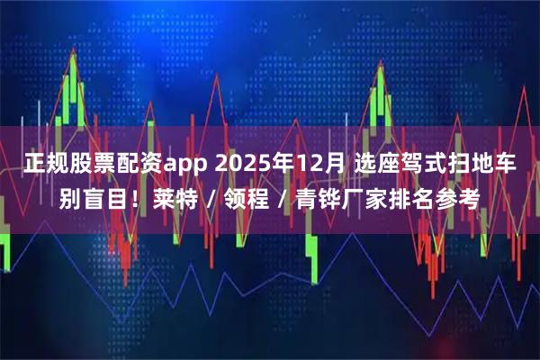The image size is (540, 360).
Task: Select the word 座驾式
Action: [413, 164]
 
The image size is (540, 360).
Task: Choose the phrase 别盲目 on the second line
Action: [94, 197]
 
